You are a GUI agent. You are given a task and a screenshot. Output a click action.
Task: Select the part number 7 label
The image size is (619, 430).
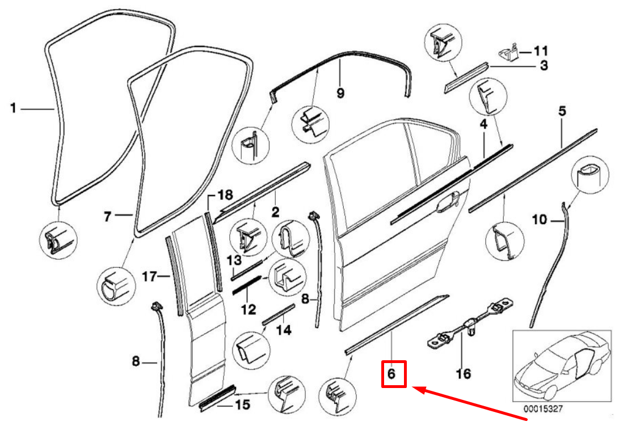pos(107,216)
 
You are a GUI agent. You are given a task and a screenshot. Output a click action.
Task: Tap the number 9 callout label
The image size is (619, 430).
pos(340,93)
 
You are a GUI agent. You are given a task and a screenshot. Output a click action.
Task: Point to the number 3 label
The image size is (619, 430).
pos(544,66)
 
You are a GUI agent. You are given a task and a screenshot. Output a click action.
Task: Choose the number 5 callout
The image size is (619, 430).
pos(562,112)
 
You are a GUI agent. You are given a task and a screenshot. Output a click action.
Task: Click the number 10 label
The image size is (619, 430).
pos(539,219)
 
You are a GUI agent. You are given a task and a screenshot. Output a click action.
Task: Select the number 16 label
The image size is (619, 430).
pos(464,373)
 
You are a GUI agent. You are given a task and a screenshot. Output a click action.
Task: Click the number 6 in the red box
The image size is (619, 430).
pos(393,374)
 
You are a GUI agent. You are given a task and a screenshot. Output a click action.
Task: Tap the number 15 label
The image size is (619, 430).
pos(242,405)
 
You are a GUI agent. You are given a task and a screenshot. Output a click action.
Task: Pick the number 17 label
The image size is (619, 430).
pos(149,277)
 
